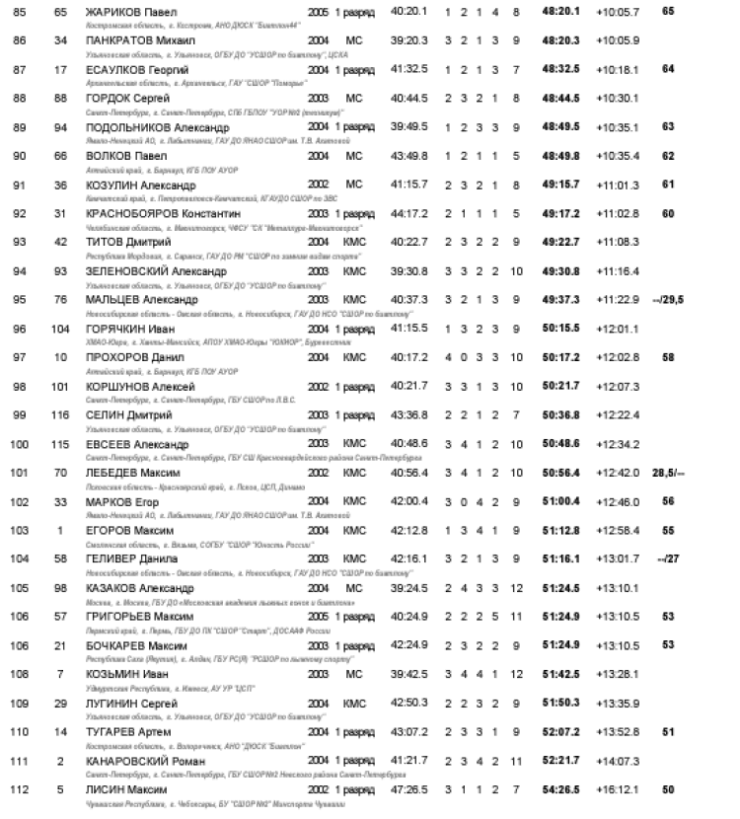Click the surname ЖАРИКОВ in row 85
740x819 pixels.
pos(110,11)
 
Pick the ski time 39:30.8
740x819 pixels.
pos(408,270)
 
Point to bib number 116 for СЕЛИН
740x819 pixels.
pos(61,414)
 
